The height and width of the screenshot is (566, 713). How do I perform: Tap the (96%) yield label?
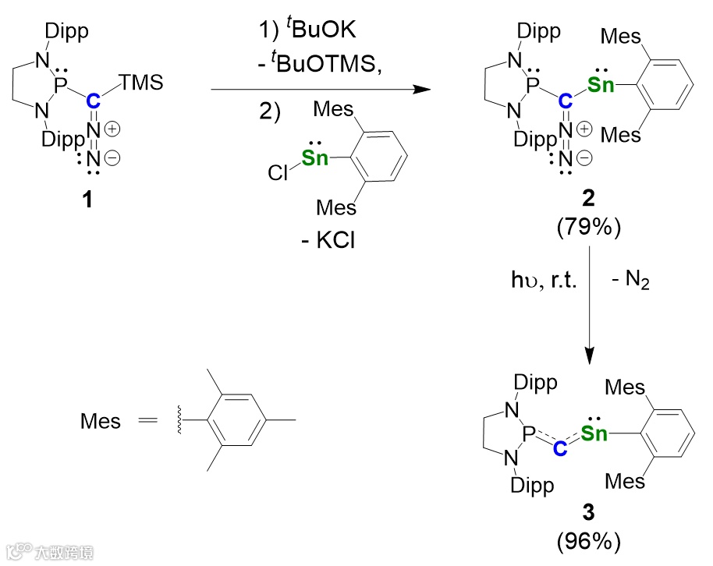click(x=589, y=540)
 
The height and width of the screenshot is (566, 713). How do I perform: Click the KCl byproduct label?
click(x=328, y=241)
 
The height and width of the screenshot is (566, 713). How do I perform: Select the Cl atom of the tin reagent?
click(x=278, y=173)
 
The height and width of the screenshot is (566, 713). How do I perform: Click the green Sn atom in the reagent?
click(x=315, y=158)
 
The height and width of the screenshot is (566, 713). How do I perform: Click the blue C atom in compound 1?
click(x=93, y=100)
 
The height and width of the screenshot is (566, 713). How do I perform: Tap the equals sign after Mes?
click(x=149, y=423)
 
